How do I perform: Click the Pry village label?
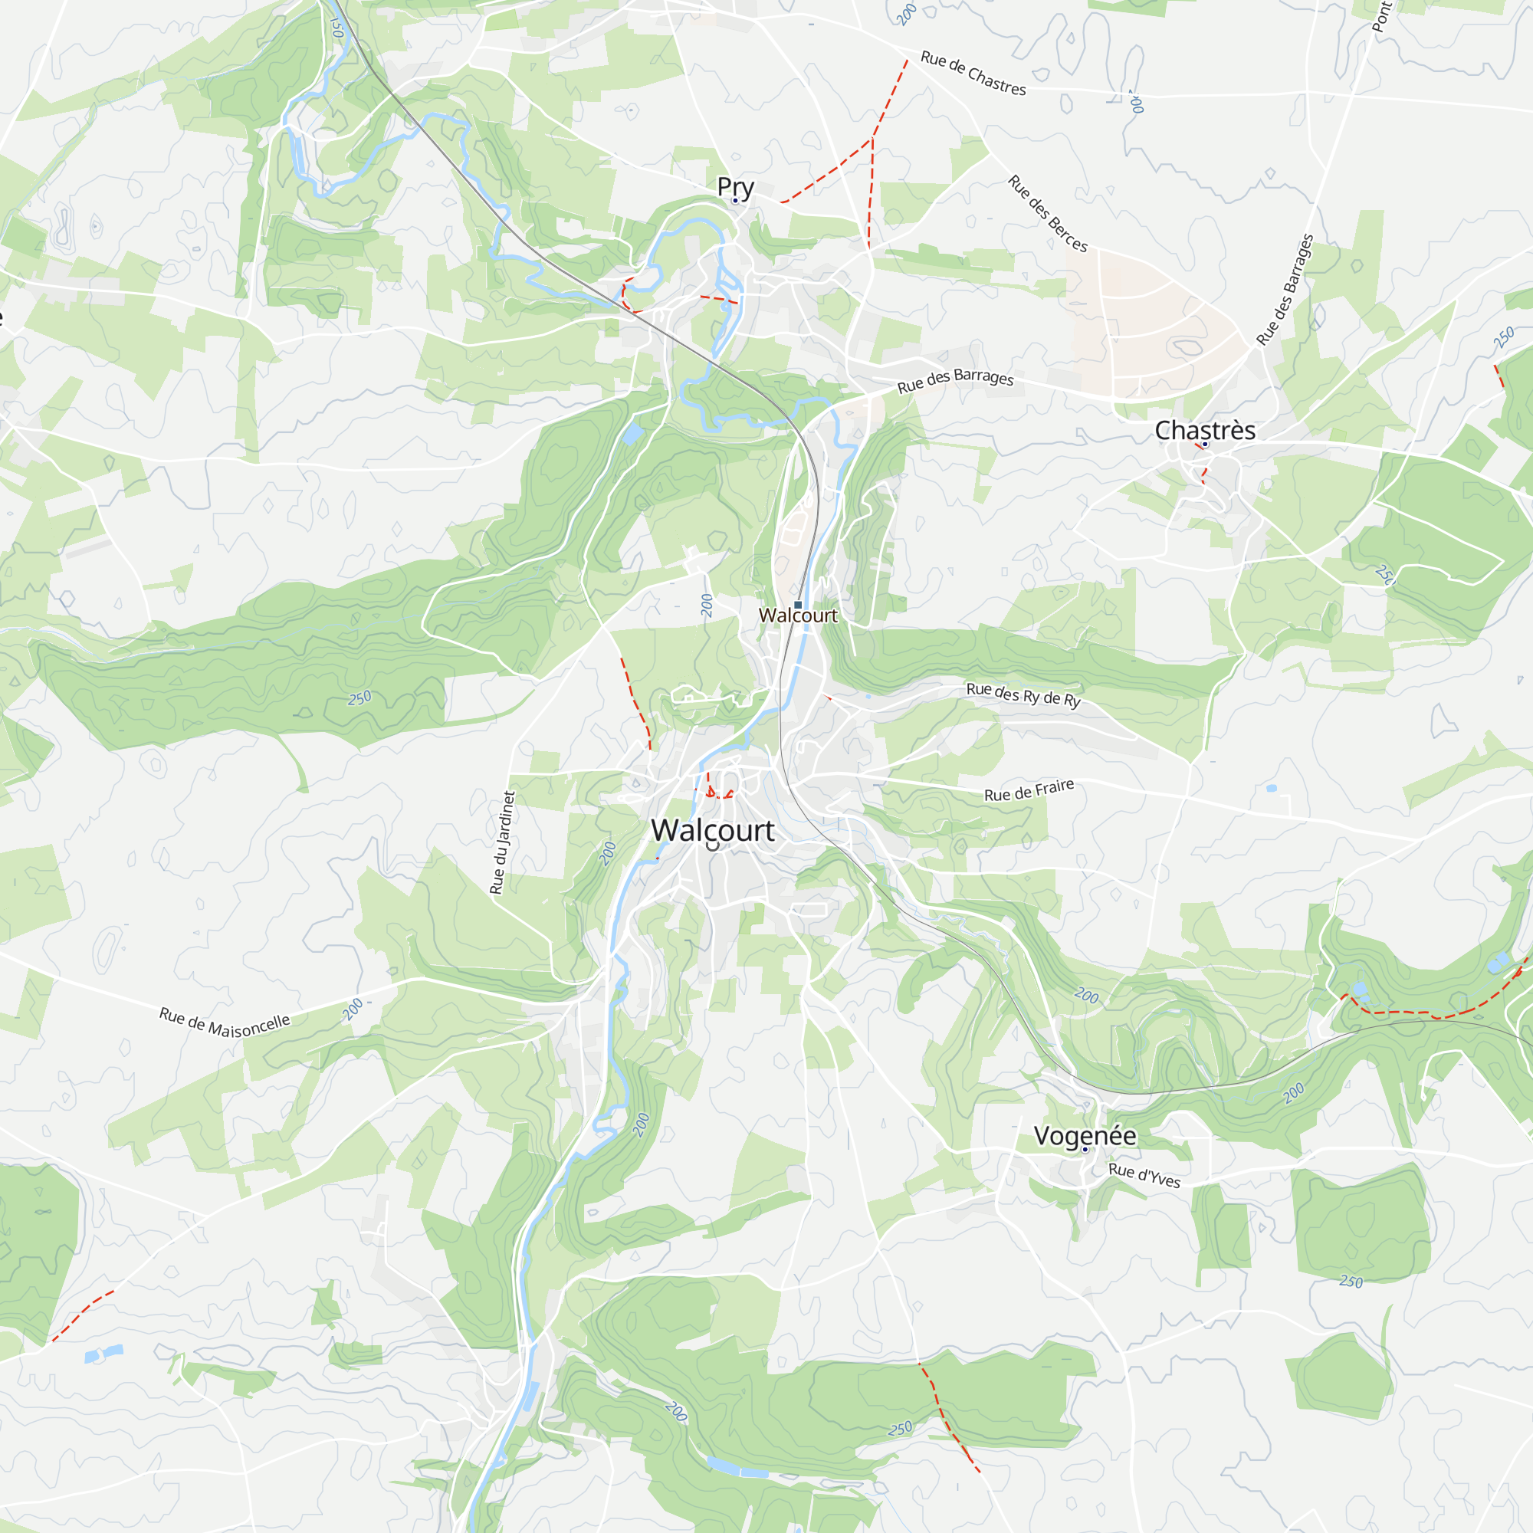pos(735,186)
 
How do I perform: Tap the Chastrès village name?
pos(1204,430)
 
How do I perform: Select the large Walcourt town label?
pos(713,830)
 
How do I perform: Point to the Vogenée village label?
pos(1085,1135)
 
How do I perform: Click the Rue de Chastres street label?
pos(973,73)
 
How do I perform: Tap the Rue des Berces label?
pos(1047,213)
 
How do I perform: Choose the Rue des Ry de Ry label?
pos(1023,694)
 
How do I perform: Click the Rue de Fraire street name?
pos(1029,790)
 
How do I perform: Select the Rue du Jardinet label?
pos(503,842)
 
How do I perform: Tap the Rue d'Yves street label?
pos(1144,1175)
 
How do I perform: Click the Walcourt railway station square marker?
pos(797,605)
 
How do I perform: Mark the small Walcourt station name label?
pos(797,615)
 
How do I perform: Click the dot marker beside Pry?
pos(735,201)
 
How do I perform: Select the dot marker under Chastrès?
pos(1204,445)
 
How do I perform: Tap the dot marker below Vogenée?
pos(1085,1150)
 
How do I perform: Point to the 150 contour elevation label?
pos(336,25)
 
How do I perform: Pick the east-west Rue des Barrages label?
pos(955,380)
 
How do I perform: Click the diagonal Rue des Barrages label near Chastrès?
pos(1285,290)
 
